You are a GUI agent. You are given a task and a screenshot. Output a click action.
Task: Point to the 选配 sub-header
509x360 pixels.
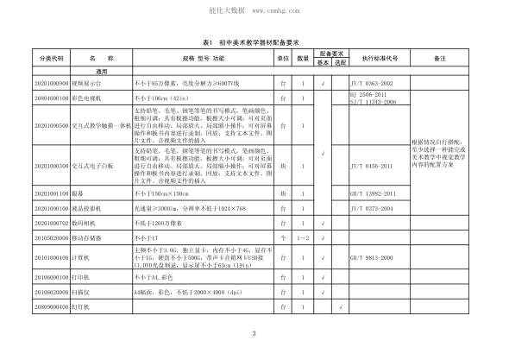click(340, 63)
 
